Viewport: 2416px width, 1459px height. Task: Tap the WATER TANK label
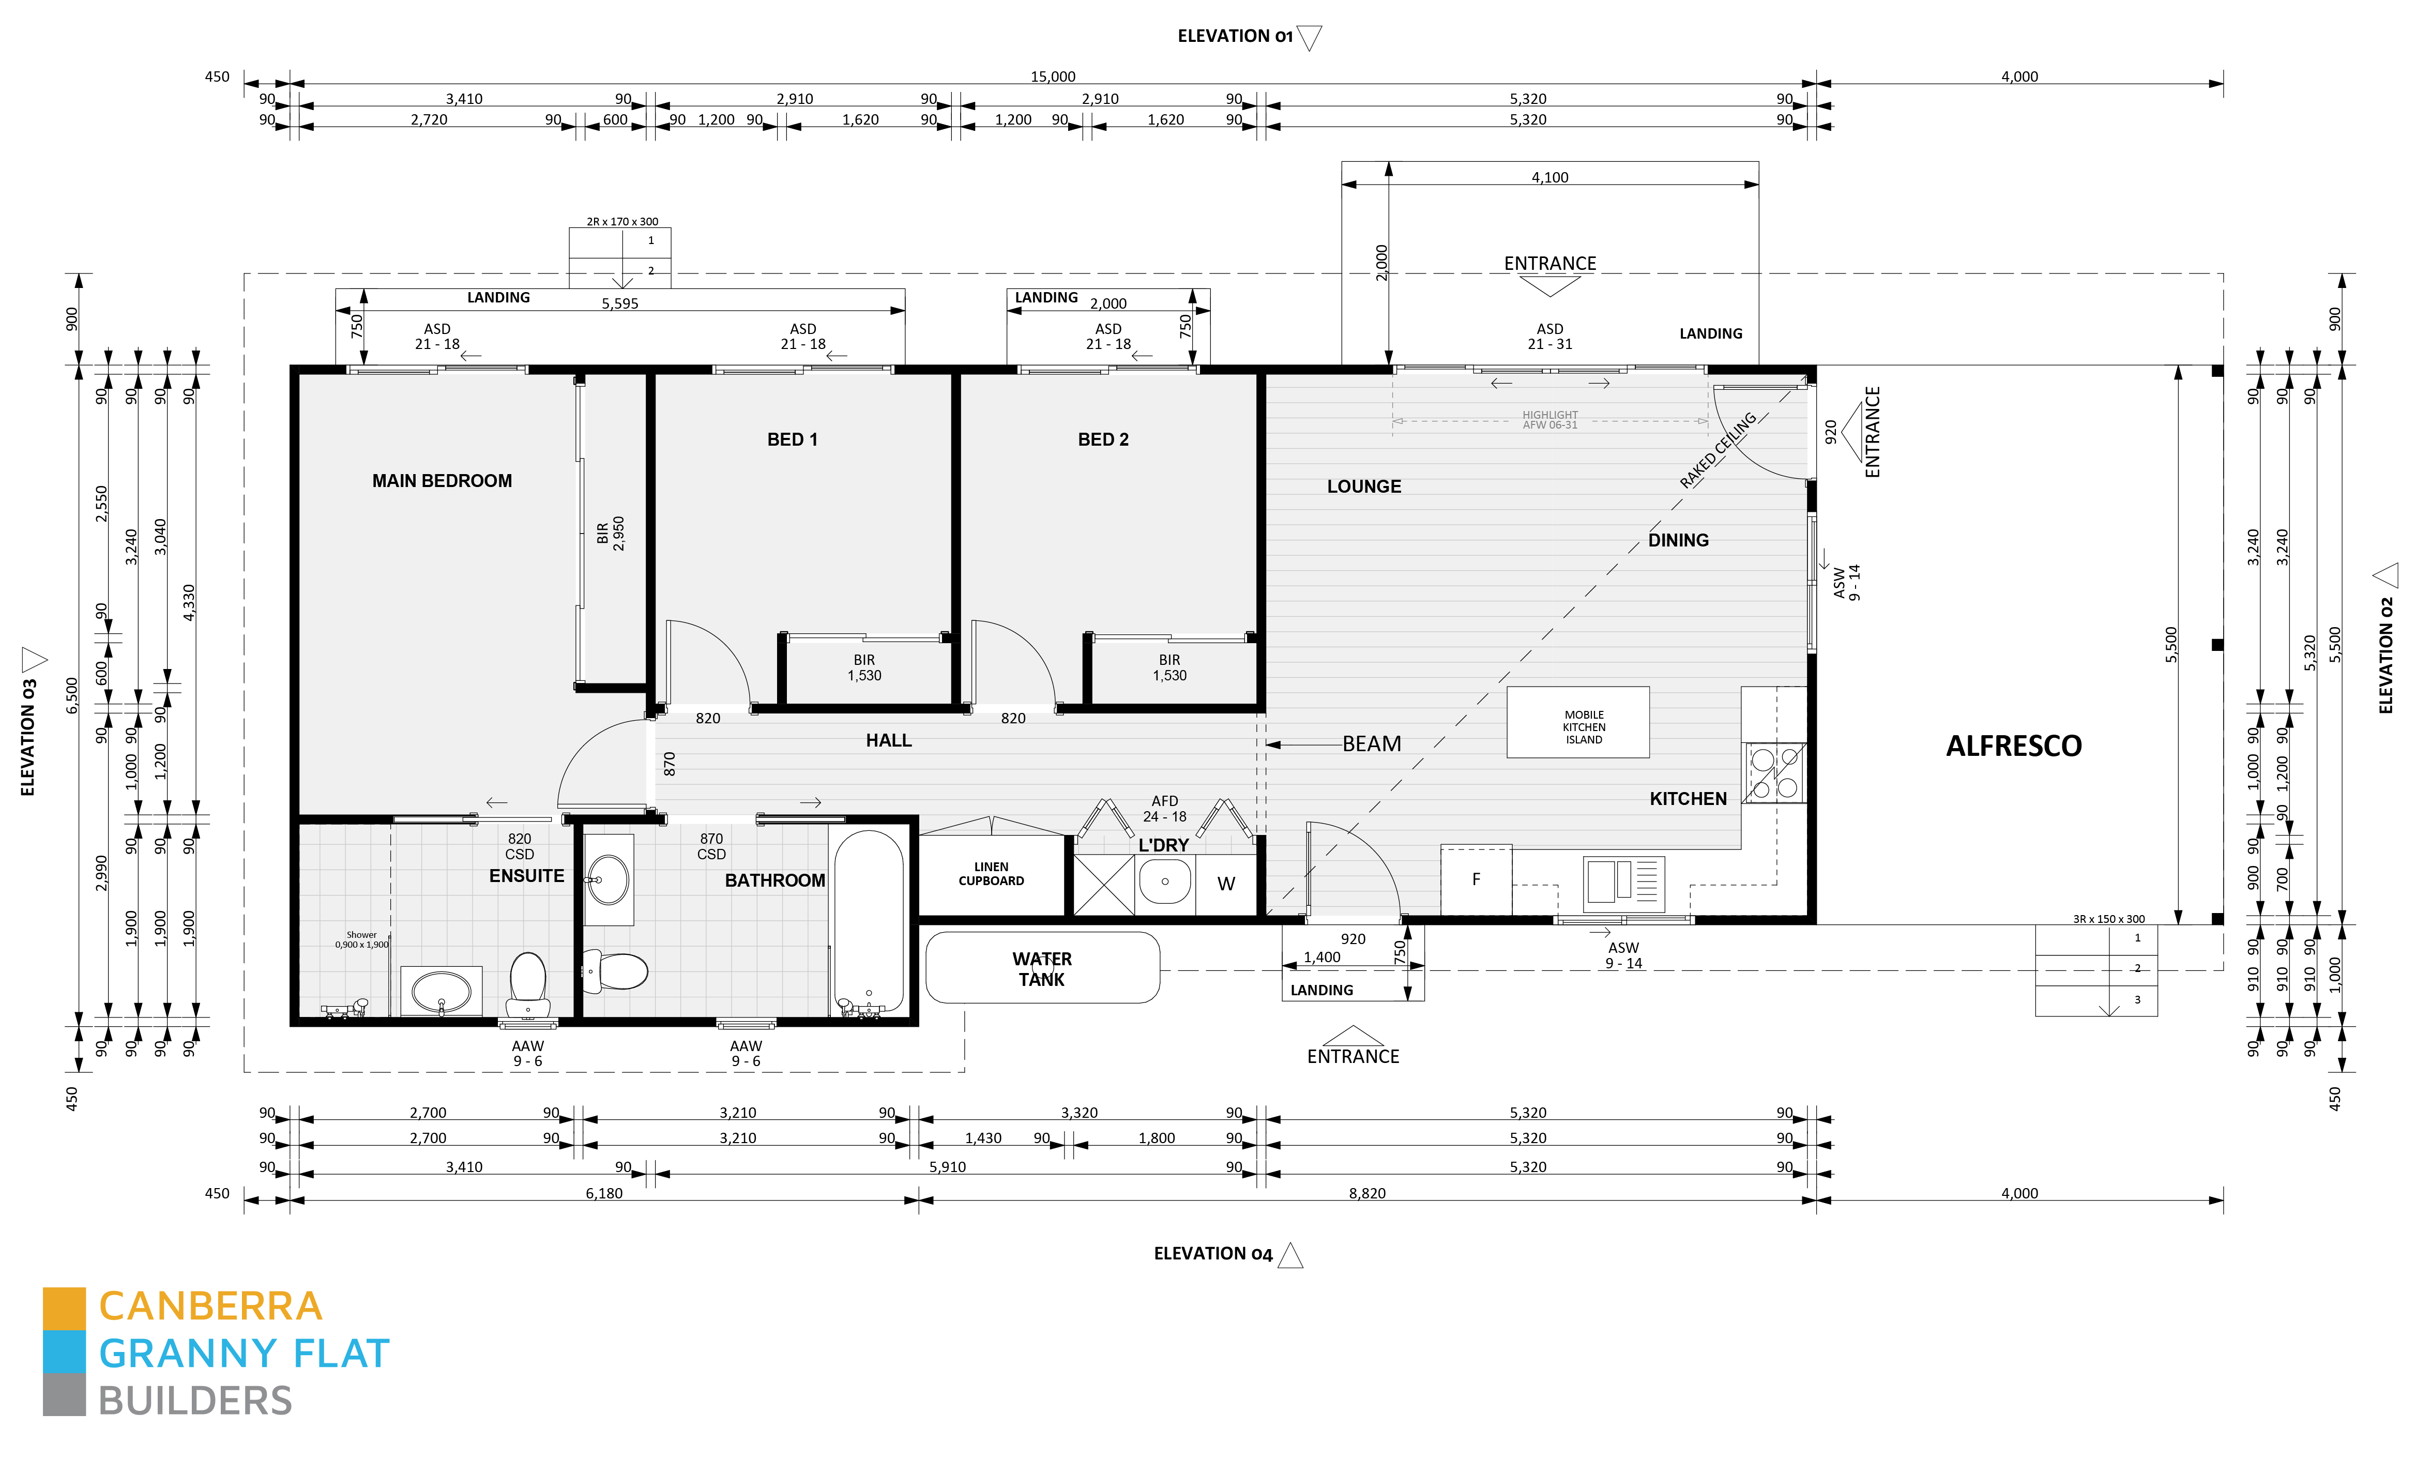[1041, 969]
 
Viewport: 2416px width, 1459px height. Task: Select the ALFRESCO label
[2013, 746]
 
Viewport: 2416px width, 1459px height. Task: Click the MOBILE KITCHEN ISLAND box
[1577, 723]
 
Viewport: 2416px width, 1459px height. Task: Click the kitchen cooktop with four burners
[1774, 772]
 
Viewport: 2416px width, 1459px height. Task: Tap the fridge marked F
[1476, 879]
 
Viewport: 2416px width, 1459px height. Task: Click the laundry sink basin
[1165, 882]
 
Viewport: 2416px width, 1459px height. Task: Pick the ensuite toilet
[528, 985]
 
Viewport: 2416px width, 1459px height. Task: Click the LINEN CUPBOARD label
[991, 874]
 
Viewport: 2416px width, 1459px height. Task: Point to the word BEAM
[1372, 744]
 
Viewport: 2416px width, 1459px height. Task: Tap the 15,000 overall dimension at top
[1053, 77]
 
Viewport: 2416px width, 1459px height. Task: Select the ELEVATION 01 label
[1236, 36]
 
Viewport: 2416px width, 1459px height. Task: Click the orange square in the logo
[64, 1309]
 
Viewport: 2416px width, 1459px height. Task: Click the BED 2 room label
[1103, 439]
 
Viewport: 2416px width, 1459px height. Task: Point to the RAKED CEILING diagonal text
[1718, 450]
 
